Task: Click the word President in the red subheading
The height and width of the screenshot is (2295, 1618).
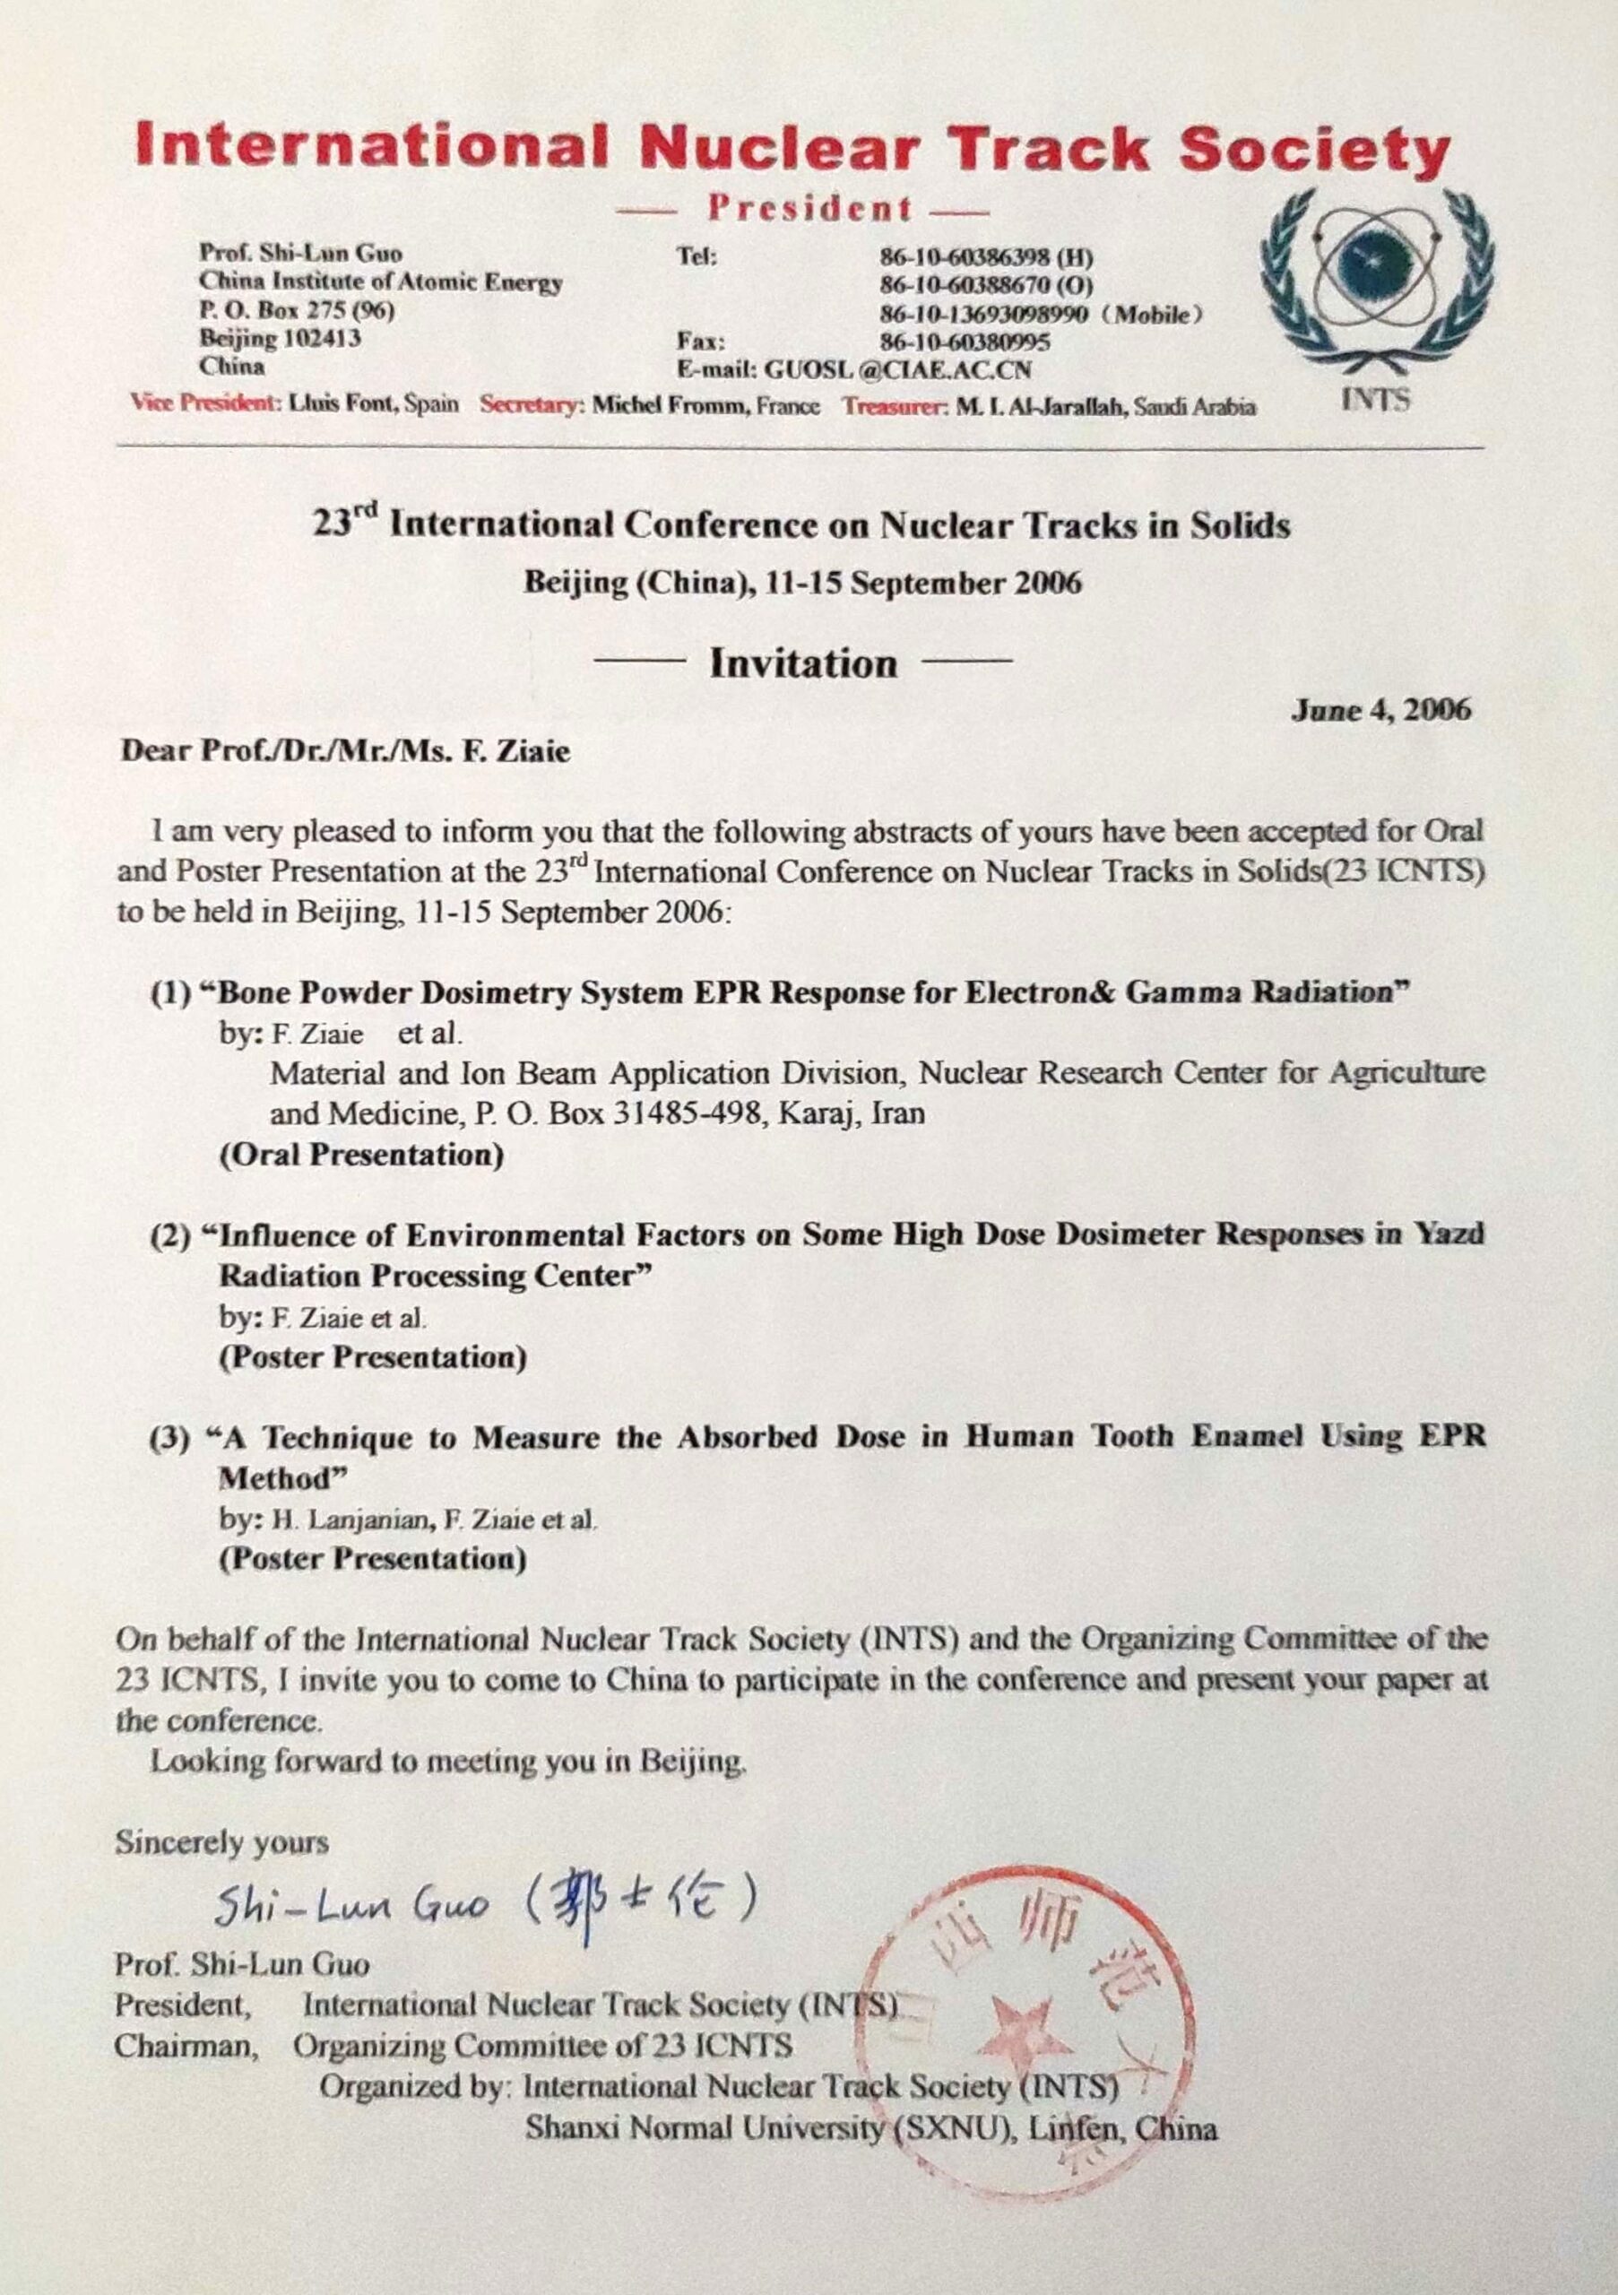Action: click(x=809, y=209)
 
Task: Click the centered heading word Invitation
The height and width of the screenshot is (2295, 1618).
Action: click(x=803, y=663)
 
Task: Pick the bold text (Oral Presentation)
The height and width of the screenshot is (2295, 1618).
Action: click(x=360, y=1155)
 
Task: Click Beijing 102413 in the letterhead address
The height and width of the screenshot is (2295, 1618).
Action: click(x=280, y=339)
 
